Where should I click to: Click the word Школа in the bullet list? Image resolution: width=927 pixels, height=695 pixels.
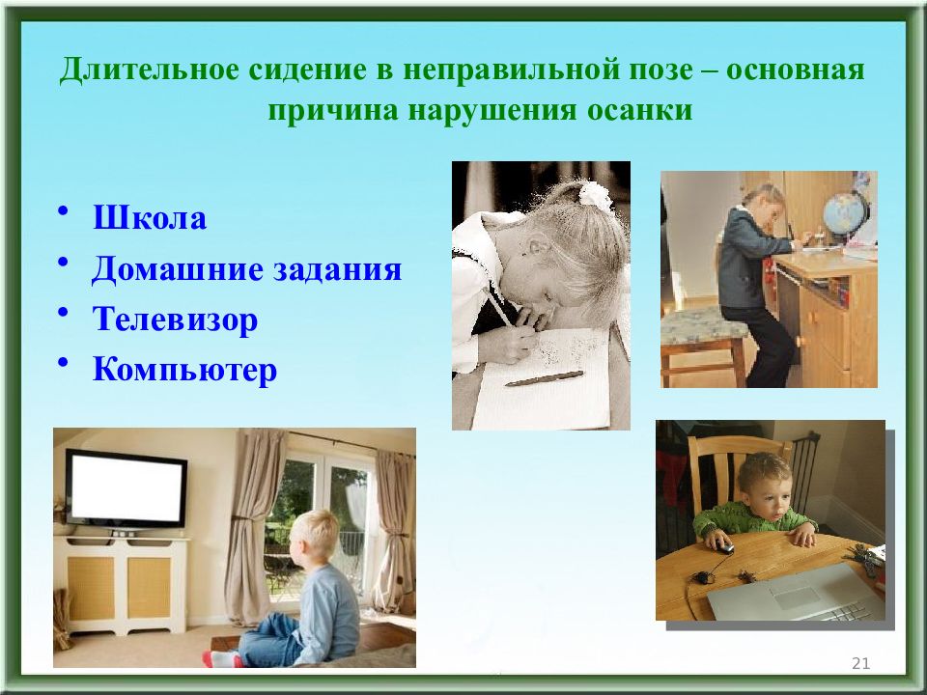click(x=150, y=217)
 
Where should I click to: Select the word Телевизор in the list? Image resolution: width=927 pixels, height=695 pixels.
click(x=175, y=320)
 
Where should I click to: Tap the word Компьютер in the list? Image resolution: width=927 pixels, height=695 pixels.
click(x=184, y=371)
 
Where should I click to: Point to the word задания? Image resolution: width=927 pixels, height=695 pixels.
click(x=337, y=269)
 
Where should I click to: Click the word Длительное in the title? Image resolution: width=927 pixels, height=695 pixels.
click(x=149, y=70)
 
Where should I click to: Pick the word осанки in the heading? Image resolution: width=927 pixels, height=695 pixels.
click(x=639, y=110)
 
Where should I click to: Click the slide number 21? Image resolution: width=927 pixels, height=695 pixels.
click(x=860, y=663)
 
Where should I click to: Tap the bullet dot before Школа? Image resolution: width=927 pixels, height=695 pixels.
click(x=64, y=211)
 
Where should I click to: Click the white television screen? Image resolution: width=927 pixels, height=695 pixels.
click(x=126, y=488)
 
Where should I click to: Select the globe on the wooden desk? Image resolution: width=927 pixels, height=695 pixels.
click(x=846, y=212)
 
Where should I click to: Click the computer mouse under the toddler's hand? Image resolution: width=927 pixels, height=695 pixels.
click(x=725, y=548)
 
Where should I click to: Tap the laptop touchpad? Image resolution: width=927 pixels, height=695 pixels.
click(x=796, y=597)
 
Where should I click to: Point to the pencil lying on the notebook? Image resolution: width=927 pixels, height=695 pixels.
click(x=544, y=378)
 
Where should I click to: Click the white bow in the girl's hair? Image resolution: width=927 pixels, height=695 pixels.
click(x=595, y=196)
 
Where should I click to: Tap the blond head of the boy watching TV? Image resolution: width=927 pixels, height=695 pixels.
click(x=314, y=534)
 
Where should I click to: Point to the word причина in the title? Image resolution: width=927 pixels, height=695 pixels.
click(x=333, y=110)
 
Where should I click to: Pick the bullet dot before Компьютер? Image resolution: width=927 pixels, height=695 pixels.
click(x=64, y=363)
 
